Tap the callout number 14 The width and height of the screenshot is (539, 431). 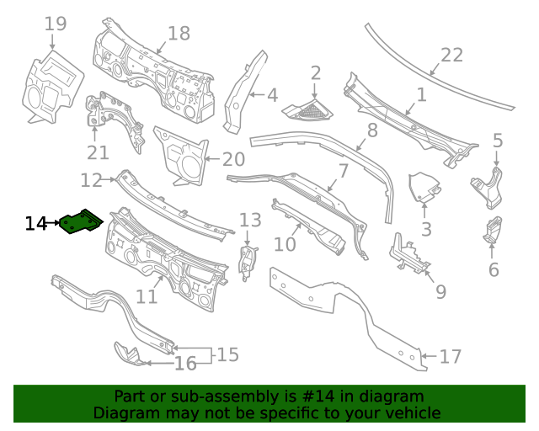click(36, 224)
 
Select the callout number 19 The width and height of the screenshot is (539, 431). click(56, 24)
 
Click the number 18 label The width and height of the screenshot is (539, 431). click(179, 34)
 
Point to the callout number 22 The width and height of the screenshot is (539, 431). click(452, 55)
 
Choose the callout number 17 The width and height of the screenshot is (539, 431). click(451, 357)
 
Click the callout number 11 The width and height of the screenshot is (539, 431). click(147, 296)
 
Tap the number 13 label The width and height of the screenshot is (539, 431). click(250, 221)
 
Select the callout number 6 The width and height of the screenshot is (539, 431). click(494, 269)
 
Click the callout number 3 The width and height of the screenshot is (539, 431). click(426, 228)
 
